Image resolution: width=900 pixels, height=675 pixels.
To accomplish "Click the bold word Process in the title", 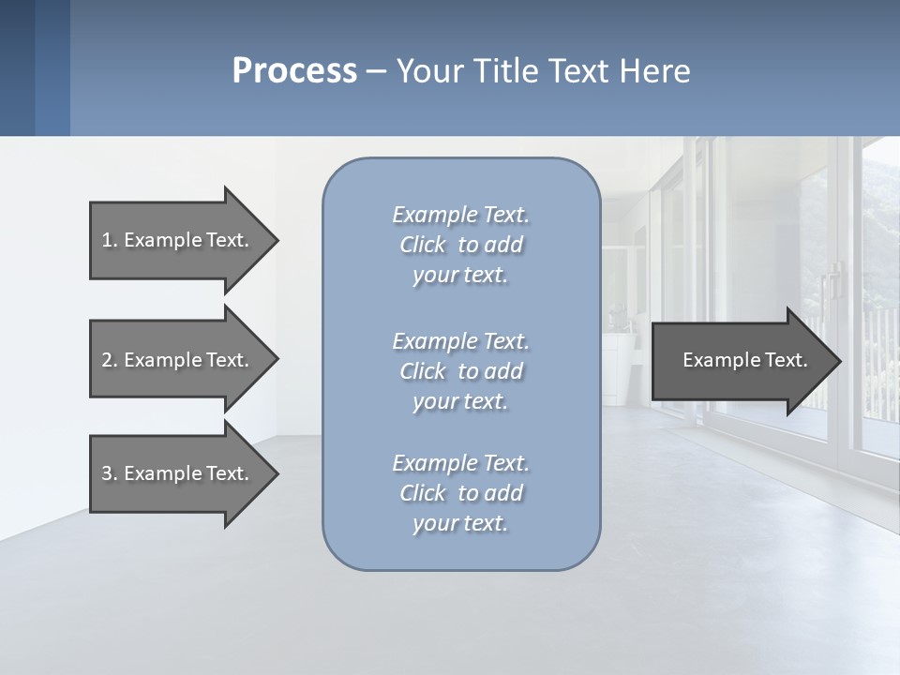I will (x=294, y=71).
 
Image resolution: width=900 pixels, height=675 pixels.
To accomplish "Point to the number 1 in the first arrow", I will (x=107, y=240).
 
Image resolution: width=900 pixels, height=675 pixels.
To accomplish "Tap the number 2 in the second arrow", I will (x=107, y=360).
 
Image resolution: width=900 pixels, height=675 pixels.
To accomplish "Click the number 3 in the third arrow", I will (x=107, y=473).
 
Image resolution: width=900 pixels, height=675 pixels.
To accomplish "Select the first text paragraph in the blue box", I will (x=460, y=245).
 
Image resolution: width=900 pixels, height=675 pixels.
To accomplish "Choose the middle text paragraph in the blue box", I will (x=460, y=370).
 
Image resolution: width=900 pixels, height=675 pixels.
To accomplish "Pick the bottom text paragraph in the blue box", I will (x=460, y=493).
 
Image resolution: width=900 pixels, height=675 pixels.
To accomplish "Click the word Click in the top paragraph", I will (x=423, y=245).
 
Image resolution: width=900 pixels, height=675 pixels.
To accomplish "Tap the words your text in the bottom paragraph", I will (x=460, y=523).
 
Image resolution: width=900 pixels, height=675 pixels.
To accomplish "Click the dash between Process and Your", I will (x=377, y=71).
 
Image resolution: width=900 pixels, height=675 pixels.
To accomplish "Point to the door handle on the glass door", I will (x=831, y=281).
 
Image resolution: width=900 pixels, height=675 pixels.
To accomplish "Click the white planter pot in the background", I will (x=618, y=357).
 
